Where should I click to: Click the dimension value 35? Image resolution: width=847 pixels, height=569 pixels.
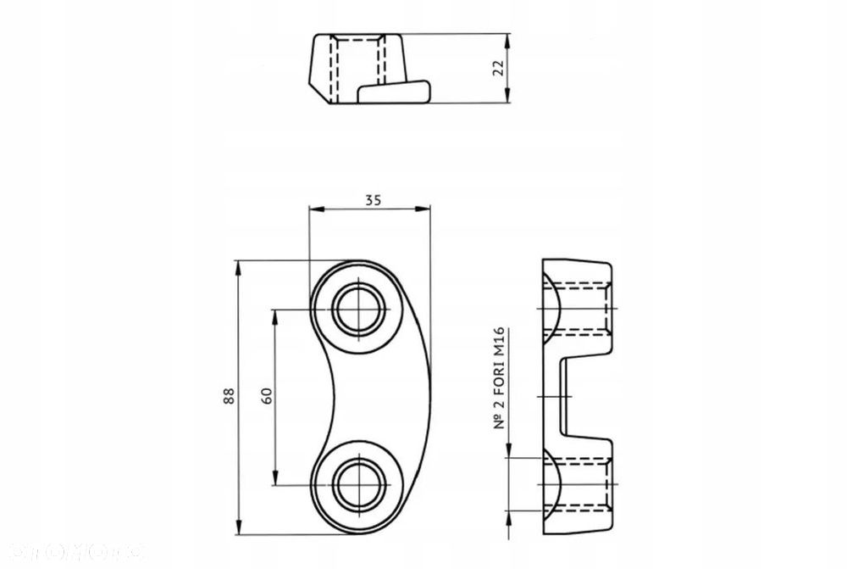click(373, 200)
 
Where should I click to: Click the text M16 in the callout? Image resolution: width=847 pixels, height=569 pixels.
click(499, 343)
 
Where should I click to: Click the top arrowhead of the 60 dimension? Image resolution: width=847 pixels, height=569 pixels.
click(275, 315)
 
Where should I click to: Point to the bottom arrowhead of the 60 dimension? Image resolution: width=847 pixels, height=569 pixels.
click(275, 479)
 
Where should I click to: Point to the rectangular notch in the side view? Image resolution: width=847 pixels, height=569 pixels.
click(584, 396)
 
